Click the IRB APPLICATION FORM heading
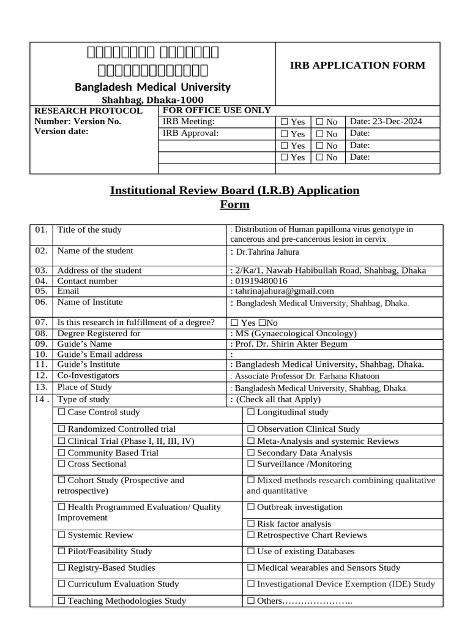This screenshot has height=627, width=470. (357, 66)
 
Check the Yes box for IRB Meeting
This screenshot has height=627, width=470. (284, 122)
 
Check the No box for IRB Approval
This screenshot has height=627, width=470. (319, 133)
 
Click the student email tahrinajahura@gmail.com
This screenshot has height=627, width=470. (285, 291)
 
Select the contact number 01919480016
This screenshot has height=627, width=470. (261, 280)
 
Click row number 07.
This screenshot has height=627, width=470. (41, 322)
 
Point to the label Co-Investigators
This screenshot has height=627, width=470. (88, 375)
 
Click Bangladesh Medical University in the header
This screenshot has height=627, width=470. (152, 87)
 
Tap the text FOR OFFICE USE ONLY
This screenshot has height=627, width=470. (216, 110)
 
